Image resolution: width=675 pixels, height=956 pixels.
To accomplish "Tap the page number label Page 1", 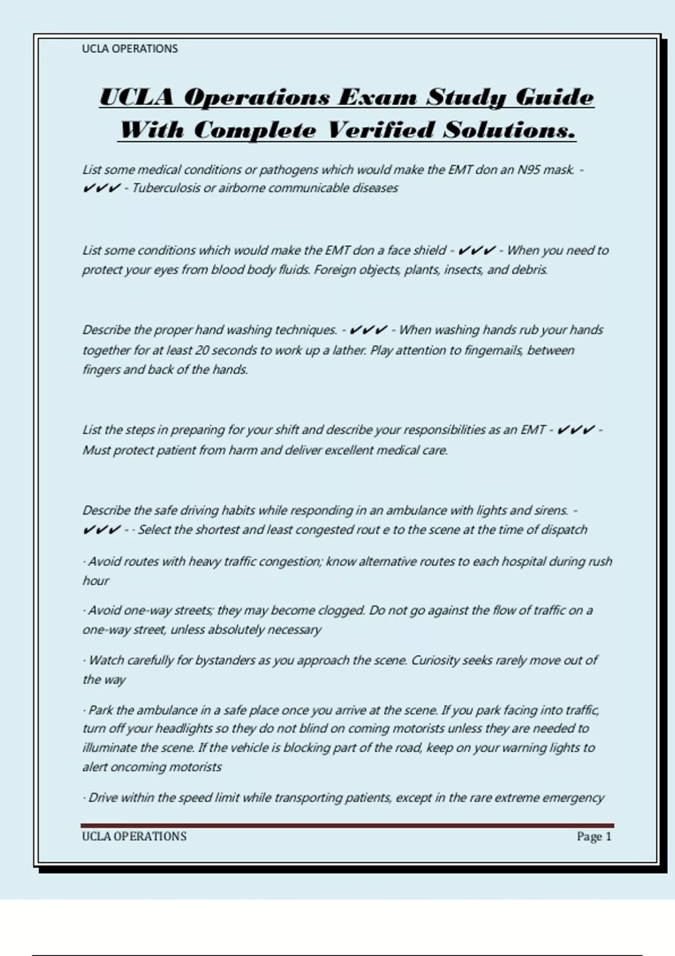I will [x=593, y=837].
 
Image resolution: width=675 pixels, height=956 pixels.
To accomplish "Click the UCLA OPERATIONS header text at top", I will [x=130, y=49].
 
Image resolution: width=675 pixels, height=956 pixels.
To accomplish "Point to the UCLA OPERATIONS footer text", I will [x=134, y=837].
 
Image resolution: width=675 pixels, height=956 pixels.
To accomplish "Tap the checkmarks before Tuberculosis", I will [x=101, y=188].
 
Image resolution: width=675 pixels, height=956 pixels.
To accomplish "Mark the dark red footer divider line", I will [x=348, y=826].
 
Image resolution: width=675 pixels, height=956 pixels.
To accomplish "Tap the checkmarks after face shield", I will [x=477, y=250].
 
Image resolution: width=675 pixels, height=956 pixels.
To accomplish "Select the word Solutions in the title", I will [x=510, y=130].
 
